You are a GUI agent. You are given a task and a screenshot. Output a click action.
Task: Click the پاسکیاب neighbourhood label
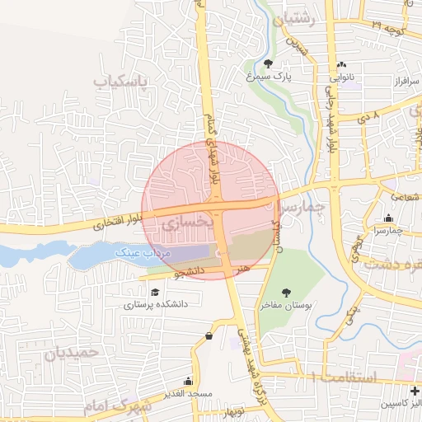pos(119,82)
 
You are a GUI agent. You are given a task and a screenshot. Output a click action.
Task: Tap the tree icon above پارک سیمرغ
pos(269,64)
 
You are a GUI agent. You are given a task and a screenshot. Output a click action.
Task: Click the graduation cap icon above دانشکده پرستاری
pos(154,291)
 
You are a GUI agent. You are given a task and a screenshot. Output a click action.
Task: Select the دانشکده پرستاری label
pos(157,304)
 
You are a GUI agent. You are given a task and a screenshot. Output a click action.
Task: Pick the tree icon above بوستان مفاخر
pos(287,293)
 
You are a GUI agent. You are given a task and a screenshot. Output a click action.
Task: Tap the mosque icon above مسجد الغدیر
pos(188,381)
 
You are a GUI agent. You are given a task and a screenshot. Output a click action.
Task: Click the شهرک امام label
pos(117,406)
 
